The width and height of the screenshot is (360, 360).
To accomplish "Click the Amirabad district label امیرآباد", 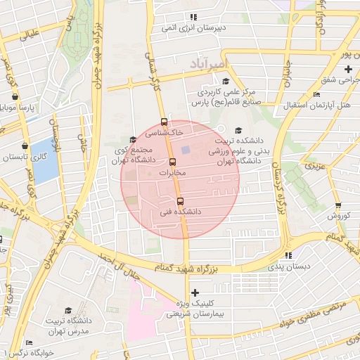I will pyautogui.click(x=210, y=65).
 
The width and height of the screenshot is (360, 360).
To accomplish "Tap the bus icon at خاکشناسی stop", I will pyautogui.click(x=165, y=121).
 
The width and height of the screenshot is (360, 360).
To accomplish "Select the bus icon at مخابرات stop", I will pyautogui.click(x=173, y=162).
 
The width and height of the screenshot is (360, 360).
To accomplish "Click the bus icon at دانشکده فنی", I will pyautogui.click(x=181, y=201).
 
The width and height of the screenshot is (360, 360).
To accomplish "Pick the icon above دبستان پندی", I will pyautogui.click(x=288, y=255).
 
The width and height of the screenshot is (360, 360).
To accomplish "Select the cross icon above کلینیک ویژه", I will pyautogui.click(x=195, y=292).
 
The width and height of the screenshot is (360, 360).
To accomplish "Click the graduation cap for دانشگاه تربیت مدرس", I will pyautogui.click(x=68, y=310).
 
